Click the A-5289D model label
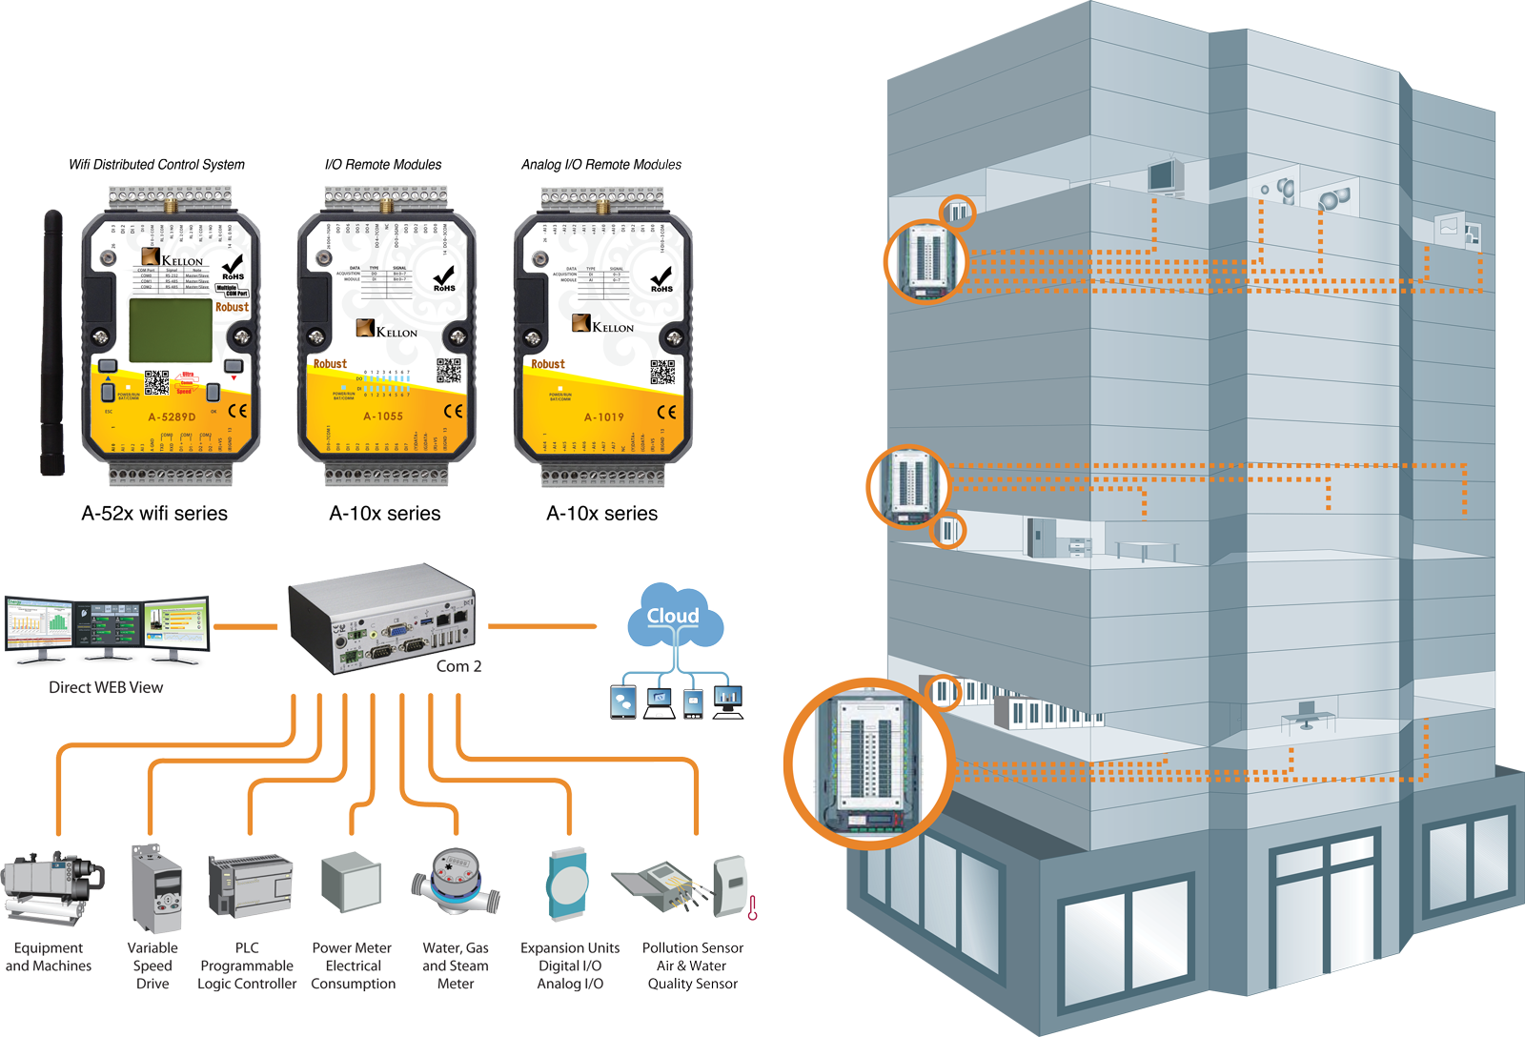(172, 417)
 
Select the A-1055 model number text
(383, 417)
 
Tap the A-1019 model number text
(604, 417)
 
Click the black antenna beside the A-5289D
(52, 343)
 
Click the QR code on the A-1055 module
(449, 371)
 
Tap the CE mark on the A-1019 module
(667, 412)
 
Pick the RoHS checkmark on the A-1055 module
(444, 277)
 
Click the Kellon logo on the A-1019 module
(602, 325)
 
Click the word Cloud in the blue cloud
(673, 616)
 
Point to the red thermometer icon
(752, 908)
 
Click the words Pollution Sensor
(698, 947)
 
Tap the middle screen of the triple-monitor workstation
(111, 626)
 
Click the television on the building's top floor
(1165, 176)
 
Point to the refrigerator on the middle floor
(1039, 537)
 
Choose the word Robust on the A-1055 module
(330, 364)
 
